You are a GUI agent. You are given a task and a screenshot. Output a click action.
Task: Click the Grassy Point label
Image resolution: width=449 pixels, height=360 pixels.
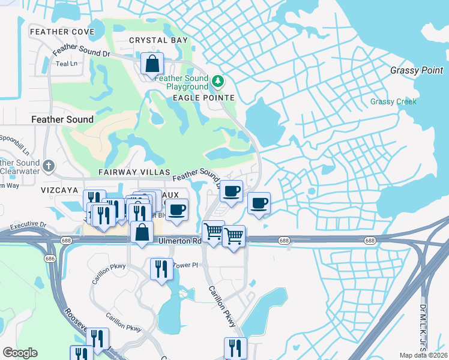coord(417,70)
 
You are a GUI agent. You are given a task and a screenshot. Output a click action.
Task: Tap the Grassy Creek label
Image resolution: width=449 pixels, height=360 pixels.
coord(393,101)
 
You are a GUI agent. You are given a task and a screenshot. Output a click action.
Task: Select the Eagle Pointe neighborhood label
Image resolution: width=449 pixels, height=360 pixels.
coord(203,98)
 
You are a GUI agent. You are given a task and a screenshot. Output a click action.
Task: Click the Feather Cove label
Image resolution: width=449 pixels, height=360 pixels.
coord(62,31)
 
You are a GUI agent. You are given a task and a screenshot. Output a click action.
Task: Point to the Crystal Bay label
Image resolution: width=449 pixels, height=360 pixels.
coord(158,40)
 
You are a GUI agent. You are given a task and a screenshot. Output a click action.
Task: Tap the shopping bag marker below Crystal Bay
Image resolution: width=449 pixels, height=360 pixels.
coord(152,64)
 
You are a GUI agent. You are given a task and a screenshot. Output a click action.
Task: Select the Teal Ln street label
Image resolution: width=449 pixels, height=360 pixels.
coord(66,64)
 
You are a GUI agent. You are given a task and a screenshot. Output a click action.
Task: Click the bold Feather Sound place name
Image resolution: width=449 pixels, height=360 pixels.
coord(62,119)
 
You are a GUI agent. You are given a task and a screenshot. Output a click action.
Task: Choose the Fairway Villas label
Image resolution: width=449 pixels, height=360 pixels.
coord(131,172)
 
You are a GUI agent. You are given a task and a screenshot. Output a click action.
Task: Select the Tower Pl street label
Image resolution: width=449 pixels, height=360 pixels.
coord(185,265)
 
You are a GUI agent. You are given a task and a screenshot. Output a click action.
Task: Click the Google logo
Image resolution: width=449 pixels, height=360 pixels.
coord(20,353)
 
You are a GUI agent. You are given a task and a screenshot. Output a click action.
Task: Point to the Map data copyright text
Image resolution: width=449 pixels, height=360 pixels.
coord(424,355)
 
